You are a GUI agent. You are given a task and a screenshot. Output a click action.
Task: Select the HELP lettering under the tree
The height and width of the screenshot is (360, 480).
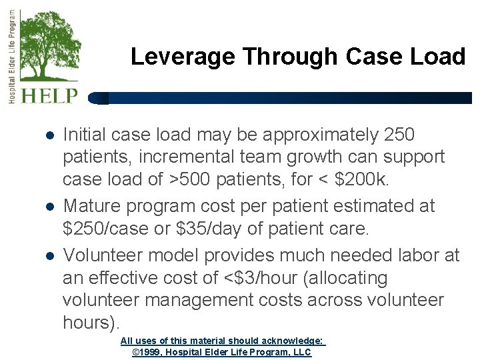click(49, 95)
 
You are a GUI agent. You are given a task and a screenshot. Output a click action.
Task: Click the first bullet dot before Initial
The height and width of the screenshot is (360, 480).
click(49, 135)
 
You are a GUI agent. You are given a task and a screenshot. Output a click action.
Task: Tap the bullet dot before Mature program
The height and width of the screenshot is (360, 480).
click(49, 207)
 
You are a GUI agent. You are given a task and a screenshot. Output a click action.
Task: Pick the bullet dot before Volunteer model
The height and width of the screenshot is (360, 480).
click(49, 256)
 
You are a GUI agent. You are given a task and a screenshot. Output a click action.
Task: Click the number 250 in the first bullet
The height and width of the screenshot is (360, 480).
click(400, 135)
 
